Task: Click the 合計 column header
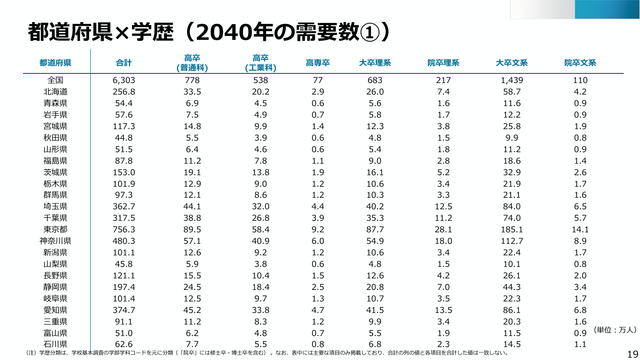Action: (x=123, y=63)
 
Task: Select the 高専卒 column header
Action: (x=318, y=63)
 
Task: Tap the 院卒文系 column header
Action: (x=580, y=63)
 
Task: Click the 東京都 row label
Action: (x=55, y=229)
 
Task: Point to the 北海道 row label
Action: (x=55, y=92)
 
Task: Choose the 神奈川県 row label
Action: (x=55, y=241)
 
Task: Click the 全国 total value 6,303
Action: (x=123, y=80)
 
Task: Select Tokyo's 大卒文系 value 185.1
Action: (x=511, y=229)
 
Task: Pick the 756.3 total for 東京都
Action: (x=123, y=229)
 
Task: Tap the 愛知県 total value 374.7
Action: (x=123, y=310)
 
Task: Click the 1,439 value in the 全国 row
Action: (x=511, y=80)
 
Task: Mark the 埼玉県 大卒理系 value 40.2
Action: (x=375, y=206)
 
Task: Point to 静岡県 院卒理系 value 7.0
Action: (x=443, y=287)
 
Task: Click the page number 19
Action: (x=633, y=354)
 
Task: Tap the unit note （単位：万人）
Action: (x=614, y=330)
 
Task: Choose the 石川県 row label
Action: (x=55, y=344)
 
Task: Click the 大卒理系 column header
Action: (x=375, y=63)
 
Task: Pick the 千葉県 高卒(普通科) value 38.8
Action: (x=192, y=218)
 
